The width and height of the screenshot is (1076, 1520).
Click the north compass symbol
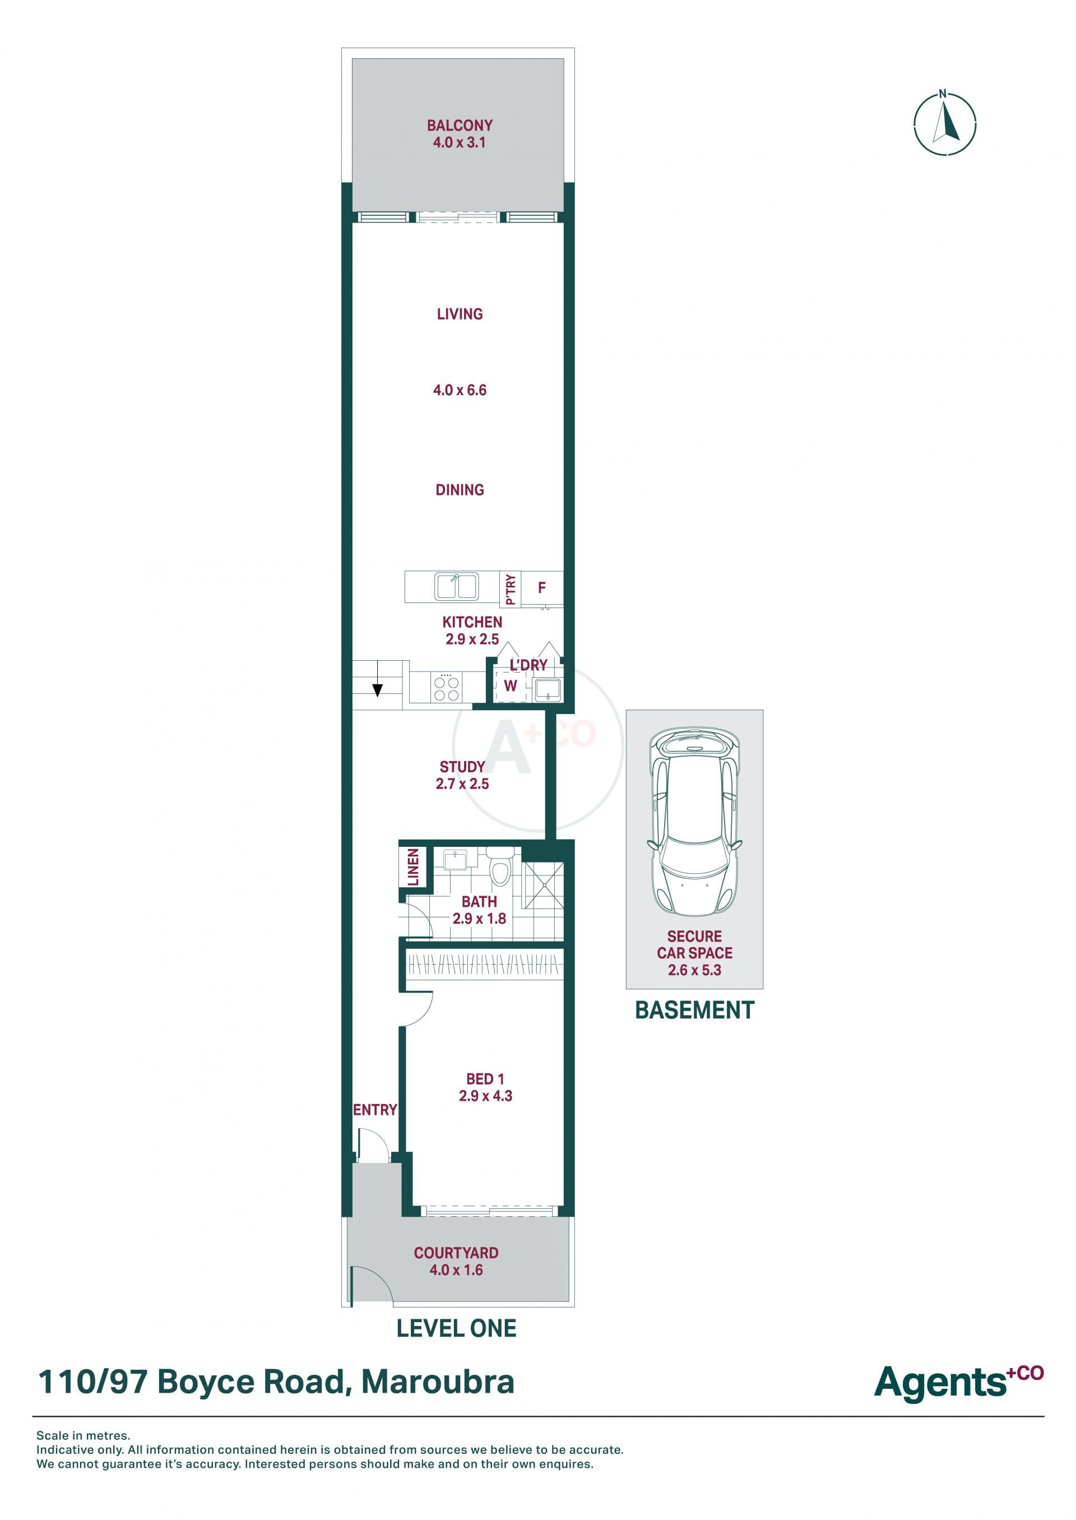pyautogui.click(x=945, y=124)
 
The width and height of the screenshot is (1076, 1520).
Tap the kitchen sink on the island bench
pyautogui.click(x=457, y=586)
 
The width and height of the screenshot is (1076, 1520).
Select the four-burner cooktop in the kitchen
pyautogui.click(x=446, y=687)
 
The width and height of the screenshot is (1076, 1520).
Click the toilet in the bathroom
pyautogui.click(x=499, y=865)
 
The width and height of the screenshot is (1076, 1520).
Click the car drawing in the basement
pyautogui.click(x=694, y=822)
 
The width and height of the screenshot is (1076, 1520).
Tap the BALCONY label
pyautogui.click(x=459, y=125)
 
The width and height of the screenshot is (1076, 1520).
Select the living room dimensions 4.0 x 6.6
pyautogui.click(x=460, y=390)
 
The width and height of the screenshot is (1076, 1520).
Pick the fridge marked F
pyautogui.click(x=542, y=588)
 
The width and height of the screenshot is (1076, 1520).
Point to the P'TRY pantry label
pyautogui.click(x=510, y=589)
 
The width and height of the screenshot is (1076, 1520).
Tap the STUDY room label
pyautogui.click(x=462, y=767)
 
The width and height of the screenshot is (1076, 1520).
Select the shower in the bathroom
pyautogui.click(x=543, y=884)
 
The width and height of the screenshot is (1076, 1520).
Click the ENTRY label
pyautogui.click(x=375, y=1109)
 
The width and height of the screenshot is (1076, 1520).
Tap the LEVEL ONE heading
pyautogui.click(x=457, y=1328)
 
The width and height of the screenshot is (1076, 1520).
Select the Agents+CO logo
pyautogui.click(x=959, y=1382)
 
